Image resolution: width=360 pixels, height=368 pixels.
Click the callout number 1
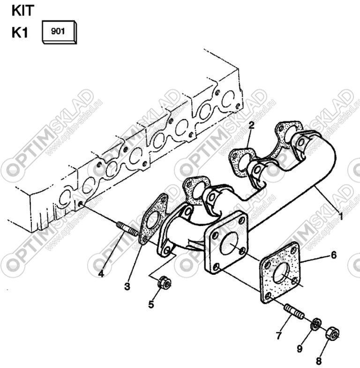tap(340, 216)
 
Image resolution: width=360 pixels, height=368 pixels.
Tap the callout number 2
tap(251, 126)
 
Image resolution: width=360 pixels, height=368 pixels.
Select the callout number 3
tap(127, 286)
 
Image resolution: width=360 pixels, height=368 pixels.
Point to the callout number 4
tap(101, 274)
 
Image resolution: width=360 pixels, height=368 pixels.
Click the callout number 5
tap(151, 304)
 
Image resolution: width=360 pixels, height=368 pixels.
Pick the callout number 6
tap(333, 255)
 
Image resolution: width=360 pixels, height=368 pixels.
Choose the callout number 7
tap(278, 336)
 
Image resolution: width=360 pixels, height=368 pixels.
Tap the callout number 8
tap(318, 361)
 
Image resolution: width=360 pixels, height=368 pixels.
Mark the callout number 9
tap(300, 349)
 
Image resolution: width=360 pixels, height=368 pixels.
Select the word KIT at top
tap(23, 11)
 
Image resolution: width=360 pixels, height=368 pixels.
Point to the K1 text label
tap(20, 32)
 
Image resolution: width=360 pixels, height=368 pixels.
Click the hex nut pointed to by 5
tap(164, 282)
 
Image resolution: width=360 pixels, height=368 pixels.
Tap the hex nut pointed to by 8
tap(333, 333)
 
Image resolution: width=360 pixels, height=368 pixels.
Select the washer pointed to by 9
tap(316, 324)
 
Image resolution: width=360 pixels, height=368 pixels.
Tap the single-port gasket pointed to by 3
tap(154, 218)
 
